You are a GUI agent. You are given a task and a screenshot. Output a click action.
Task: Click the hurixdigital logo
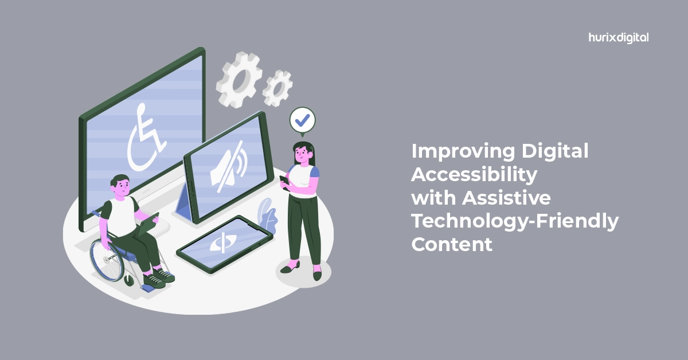(619, 38)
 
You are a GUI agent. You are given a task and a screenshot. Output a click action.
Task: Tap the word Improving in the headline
(463, 152)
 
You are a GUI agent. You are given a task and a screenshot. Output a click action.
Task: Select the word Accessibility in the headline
(474, 175)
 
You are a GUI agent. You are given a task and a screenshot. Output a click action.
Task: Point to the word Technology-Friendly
(515, 221)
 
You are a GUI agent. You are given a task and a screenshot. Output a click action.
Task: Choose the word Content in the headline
(452, 245)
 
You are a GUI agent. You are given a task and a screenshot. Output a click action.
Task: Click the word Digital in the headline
(555, 152)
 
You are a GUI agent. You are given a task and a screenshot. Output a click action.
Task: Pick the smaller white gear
(277, 88)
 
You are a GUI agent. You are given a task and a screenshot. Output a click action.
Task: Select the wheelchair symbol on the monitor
(146, 138)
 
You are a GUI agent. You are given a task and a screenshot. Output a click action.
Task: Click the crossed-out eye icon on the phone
(223, 242)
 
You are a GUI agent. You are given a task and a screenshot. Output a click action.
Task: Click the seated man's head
(121, 186)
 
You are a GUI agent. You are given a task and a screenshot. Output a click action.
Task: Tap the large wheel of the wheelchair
(107, 260)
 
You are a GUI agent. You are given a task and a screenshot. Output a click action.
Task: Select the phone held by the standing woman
(284, 181)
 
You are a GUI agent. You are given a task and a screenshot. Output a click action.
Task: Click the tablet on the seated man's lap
(148, 224)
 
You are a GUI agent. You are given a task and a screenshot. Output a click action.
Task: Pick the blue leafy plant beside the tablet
(267, 216)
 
